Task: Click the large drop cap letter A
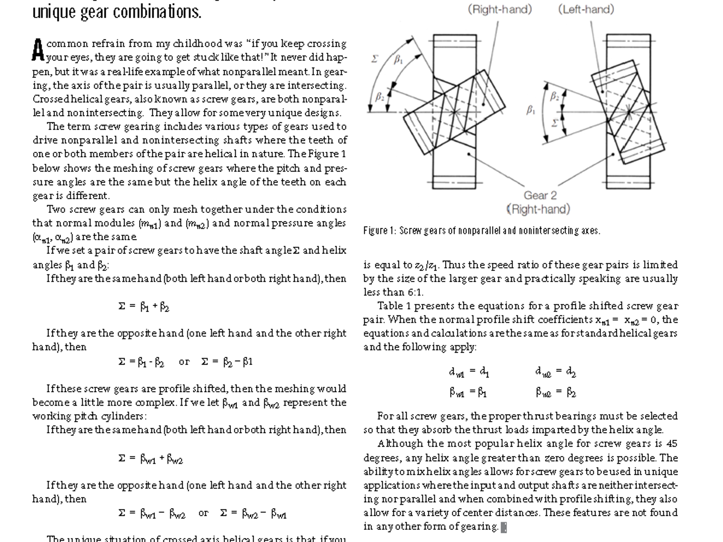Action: coord(38,50)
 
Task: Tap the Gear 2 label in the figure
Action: coord(540,196)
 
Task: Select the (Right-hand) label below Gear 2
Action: coord(538,210)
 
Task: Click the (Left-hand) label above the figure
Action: coord(586,9)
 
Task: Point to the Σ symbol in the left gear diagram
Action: coord(375,59)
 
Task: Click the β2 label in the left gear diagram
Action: coord(380,96)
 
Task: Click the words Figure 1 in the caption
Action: coord(376,231)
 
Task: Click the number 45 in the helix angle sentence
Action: coord(671,444)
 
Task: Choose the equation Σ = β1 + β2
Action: coord(144,307)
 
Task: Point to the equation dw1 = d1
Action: coord(469,372)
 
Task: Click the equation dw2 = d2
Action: coord(555,372)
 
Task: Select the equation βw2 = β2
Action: coord(555,392)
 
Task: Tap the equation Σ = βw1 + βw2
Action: coord(150,459)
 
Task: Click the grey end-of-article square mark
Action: coord(504,527)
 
